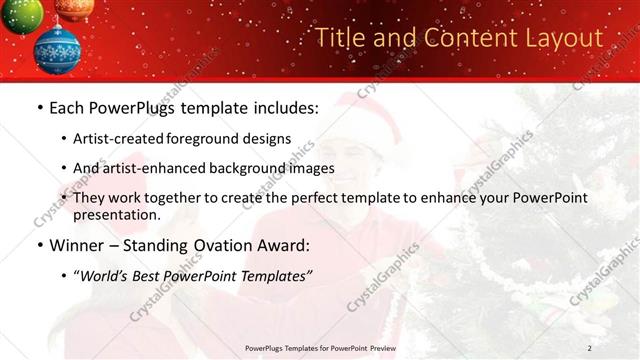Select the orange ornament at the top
point(74,8)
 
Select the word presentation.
point(116,214)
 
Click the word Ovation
point(213,245)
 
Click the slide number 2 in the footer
point(590,347)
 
